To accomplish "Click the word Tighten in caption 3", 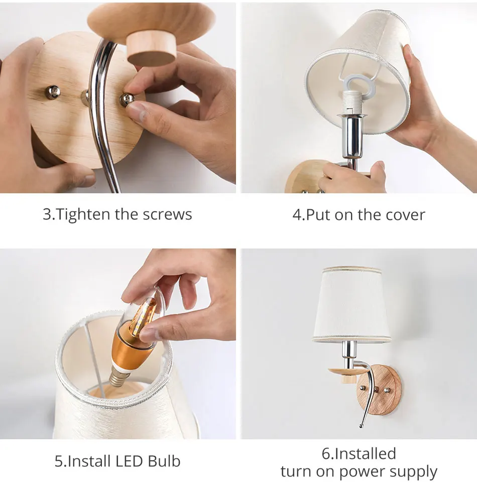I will click(x=83, y=214).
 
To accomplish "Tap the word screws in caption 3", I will click(x=167, y=214).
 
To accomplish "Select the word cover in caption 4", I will click(x=405, y=215).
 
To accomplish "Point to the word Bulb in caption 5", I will click(x=164, y=461).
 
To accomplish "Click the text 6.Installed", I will click(x=359, y=453).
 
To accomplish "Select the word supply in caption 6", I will click(x=413, y=472).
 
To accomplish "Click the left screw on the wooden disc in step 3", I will click(x=53, y=92).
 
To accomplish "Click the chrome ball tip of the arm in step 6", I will click(x=361, y=426).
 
